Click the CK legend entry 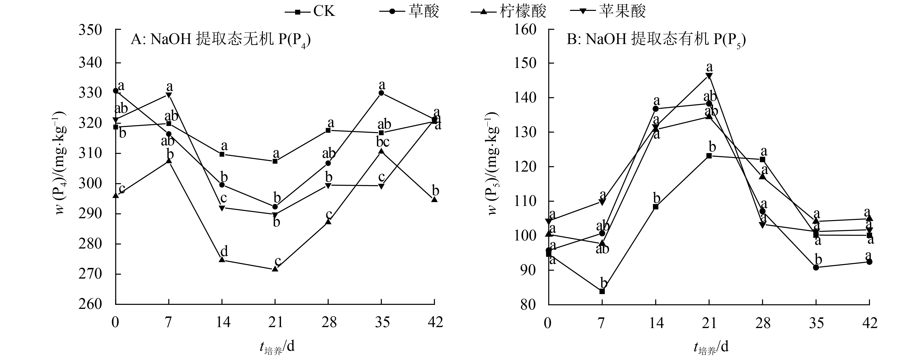tap(310, 11)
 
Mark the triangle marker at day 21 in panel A tap(275, 269)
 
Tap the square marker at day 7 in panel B tap(602, 291)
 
